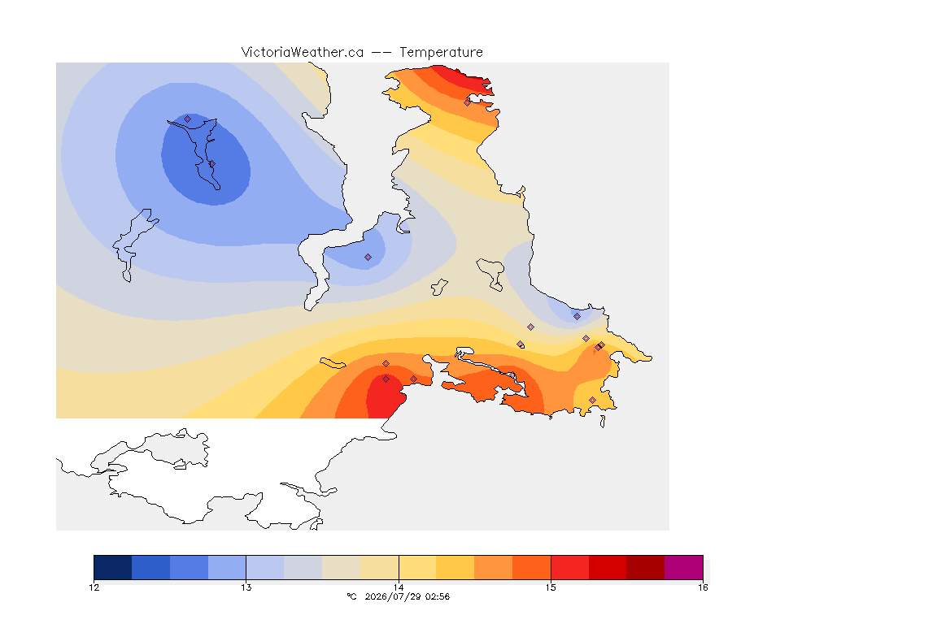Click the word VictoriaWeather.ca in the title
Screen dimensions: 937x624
(303, 53)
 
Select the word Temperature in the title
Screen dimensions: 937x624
(441, 53)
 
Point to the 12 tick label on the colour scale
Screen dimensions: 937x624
(94, 587)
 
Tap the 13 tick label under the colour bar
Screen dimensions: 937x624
(246, 587)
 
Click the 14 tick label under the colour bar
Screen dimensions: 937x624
(399, 587)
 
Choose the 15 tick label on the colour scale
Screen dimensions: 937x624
(551, 587)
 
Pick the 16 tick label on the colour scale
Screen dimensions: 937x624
(703, 587)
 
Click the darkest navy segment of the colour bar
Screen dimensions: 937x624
(113, 567)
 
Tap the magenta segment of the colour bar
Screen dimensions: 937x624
(683, 567)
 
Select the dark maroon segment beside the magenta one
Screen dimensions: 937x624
(645, 567)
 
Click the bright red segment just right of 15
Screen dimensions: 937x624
(569, 567)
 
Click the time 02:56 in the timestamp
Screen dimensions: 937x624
(438, 596)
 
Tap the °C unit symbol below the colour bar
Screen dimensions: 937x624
(351, 596)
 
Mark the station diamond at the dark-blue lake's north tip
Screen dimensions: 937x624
(188, 119)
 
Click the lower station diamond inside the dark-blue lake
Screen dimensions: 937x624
(212, 163)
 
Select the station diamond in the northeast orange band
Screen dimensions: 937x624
(468, 102)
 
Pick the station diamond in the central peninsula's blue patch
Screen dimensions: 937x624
(368, 258)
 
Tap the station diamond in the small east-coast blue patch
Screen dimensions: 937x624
(577, 317)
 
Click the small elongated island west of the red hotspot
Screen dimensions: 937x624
(333, 363)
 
